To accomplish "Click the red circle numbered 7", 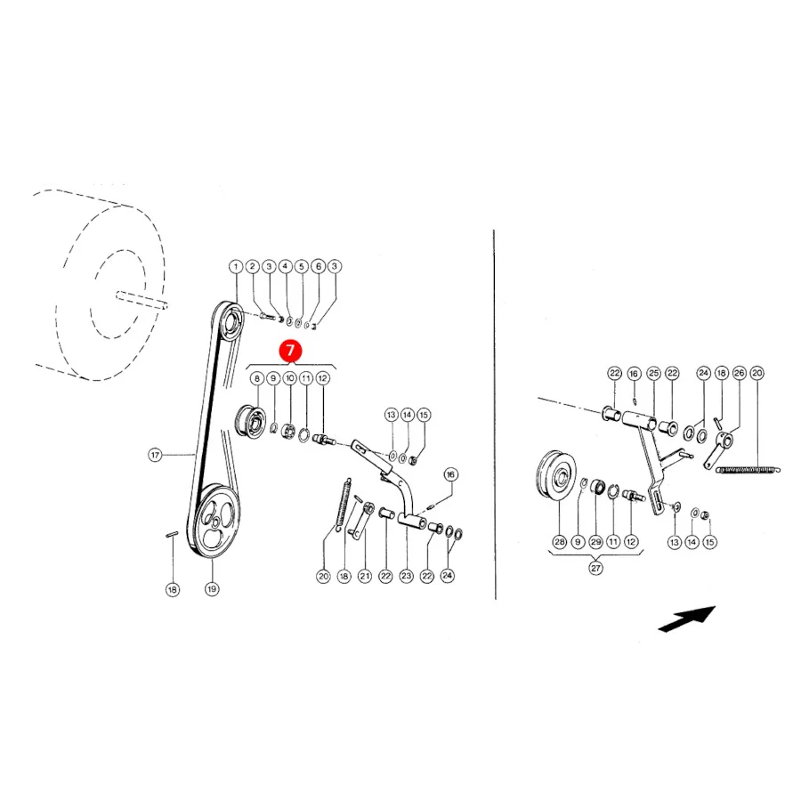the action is [x=290, y=351].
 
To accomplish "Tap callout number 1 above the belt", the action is [x=236, y=266].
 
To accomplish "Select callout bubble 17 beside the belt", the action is [x=155, y=455].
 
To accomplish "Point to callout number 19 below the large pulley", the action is [x=212, y=589].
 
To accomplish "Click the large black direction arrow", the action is [x=687, y=619].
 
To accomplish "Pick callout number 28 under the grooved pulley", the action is [x=560, y=541].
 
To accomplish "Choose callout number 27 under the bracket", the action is [x=595, y=568].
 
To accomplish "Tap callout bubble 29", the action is [x=595, y=541].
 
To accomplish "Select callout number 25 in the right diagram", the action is [x=653, y=374].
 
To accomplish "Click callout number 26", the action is [x=739, y=374].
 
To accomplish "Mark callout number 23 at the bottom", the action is [x=406, y=576].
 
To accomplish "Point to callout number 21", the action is [x=365, y=576].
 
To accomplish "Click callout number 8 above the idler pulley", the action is [x=257, y=378].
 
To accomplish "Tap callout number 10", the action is [x=289, y=378].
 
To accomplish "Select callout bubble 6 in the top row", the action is [x=319, y=266].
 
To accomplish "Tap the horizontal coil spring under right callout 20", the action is [x=748, y=469].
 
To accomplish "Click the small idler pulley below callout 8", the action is [x=251, y=422].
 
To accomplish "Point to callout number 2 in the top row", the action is [x=252, y=266].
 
